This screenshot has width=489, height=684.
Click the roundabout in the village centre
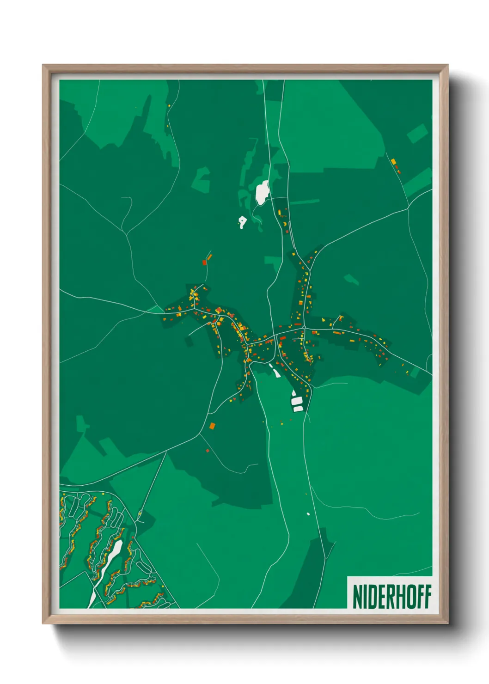[x=304, y=328]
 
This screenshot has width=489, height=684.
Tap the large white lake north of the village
[x=262, y=192]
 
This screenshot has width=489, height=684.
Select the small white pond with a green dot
[x=242, y=223]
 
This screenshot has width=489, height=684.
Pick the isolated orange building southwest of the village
[x=212, y=426]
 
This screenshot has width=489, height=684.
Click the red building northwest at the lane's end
[x=204, y=263]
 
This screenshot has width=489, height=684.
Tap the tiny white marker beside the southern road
[x=308, y=513]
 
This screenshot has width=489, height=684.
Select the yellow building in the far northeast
[x=393, y=162]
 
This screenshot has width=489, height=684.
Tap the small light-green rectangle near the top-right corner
[x=417, y=133]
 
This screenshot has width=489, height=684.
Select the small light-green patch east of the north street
[x=351, y=279]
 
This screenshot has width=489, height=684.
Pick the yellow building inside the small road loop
[x=139, y=514]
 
